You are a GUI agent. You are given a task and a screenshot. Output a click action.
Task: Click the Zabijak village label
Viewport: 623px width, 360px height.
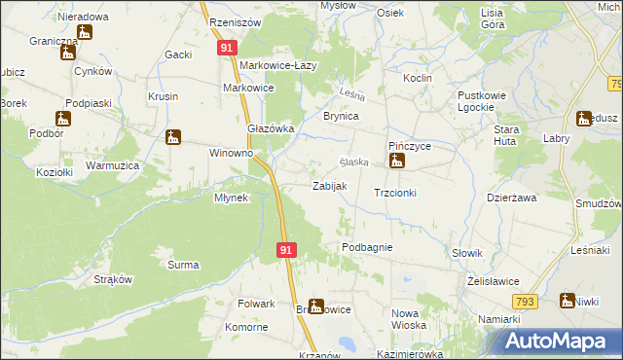click(x=328, y=186)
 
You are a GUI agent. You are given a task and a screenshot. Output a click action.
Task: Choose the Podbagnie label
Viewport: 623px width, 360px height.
click(x=367, y=247)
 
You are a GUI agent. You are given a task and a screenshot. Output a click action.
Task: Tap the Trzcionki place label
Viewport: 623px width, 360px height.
click(x=395, y=193)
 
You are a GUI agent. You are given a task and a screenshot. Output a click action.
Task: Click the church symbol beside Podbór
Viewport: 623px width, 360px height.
click(x=63, y=119)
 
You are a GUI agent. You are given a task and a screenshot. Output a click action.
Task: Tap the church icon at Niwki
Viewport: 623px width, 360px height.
click(x=567, y=301)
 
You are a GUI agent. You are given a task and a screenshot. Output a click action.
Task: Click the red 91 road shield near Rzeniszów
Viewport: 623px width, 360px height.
click(x=226, y=47)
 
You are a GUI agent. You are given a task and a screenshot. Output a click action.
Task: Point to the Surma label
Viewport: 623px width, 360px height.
click(x=183, y=265)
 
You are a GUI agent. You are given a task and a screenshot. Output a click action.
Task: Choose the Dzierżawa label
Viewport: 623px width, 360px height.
click(x=512, y=198)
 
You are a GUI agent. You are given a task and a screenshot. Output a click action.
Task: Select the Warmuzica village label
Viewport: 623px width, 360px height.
click(x=113, y=166)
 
